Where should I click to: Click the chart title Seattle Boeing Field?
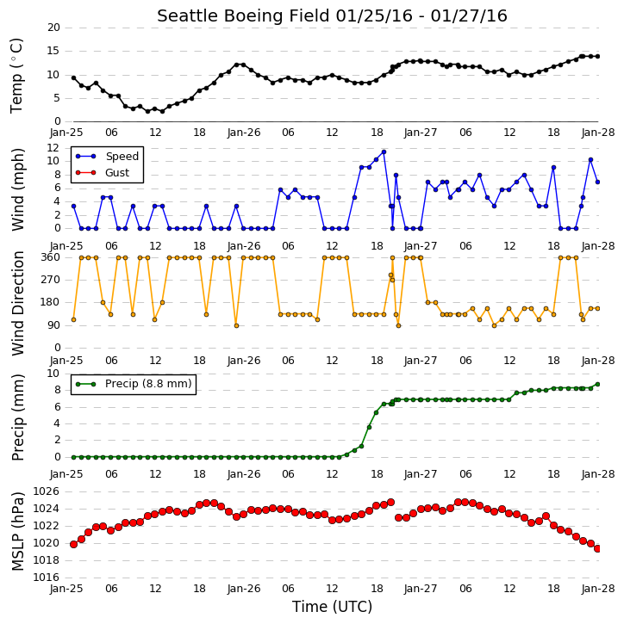243,15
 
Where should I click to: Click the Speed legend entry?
107,157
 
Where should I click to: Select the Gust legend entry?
103,173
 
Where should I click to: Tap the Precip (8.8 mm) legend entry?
134,384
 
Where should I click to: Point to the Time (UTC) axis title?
332,607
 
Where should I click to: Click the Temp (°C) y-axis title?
16,76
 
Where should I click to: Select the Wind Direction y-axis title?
17,303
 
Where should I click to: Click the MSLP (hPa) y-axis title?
17,531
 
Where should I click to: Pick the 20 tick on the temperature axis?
53,28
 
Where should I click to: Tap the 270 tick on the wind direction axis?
51,280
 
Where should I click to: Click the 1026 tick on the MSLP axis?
46,491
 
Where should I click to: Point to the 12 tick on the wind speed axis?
53,148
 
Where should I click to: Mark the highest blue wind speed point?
384,152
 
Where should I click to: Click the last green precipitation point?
597,385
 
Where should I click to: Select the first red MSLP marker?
74,545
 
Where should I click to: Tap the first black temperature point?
74,78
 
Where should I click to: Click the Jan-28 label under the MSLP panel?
597,589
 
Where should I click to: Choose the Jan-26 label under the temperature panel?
244,133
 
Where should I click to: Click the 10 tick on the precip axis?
53,374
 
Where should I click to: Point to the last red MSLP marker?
597,549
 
